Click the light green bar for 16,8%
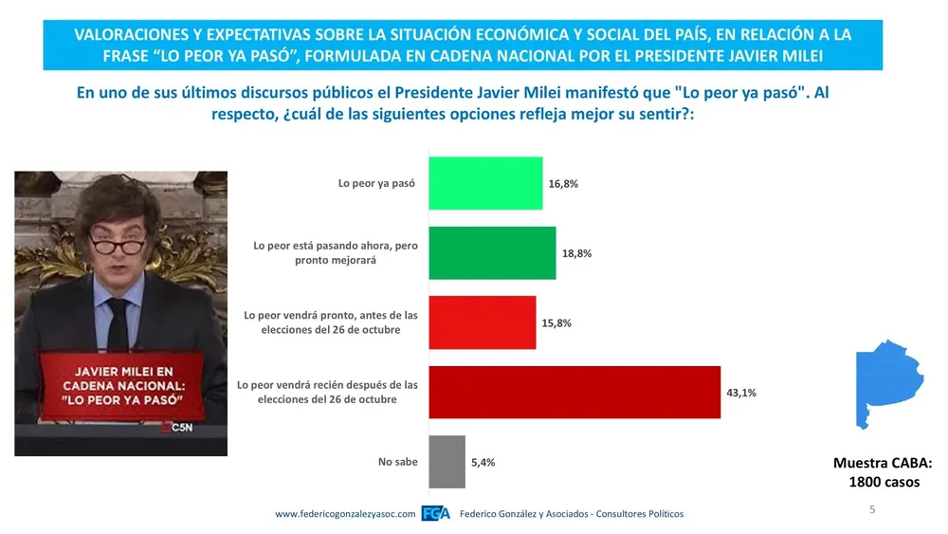click(x=485, y=183)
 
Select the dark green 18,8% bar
click(x=492, y=253)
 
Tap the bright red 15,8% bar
click(x=483, y=322)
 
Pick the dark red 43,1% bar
click(x=574, y=392)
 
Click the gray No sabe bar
click(x=447, y=462)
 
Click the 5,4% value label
click(x=483, y=463)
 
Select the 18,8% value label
click(x=577, y=254)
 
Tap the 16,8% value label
click(x=563, y=184)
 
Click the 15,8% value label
click(x=557, y=323)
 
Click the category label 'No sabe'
click(x=397, y=463)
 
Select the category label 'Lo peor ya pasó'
click(x=377, y=183)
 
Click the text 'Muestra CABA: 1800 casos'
click(x=882, y=472)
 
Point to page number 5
click(x=872, y=510)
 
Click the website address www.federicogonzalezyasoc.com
click(x=345, y=514)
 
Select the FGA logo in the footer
click(x=435, y=514)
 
